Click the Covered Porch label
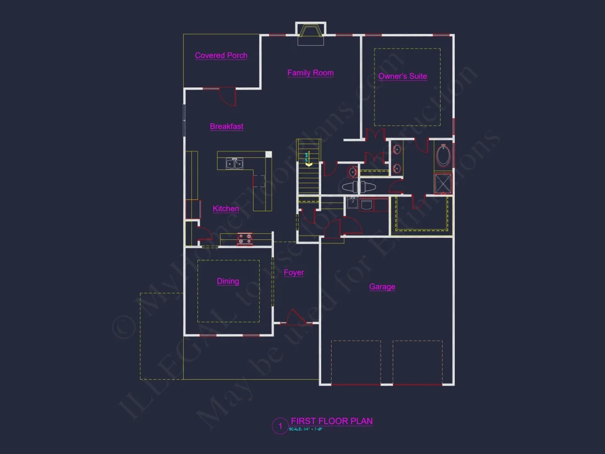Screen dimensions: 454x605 tap(221, 56)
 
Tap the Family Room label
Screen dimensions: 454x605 tap(310, 73)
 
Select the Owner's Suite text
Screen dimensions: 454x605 tap(403, 76)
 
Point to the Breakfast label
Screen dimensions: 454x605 tap(227, 127)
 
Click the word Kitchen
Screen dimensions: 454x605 tap(226, 209)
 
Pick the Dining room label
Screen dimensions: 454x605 tap(228, 281)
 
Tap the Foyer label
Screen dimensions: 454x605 tap(294, 272)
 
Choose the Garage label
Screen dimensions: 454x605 tap(382, 287)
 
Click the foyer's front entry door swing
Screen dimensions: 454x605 tap(291, 318)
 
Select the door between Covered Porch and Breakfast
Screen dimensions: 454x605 tap(227, 96)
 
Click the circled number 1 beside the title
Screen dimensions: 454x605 tap(280, 426)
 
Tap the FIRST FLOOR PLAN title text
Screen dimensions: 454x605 tap(332, 421)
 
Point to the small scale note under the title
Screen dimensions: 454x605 tap(306, 429)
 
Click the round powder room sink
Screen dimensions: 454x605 tap(353, 173)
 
